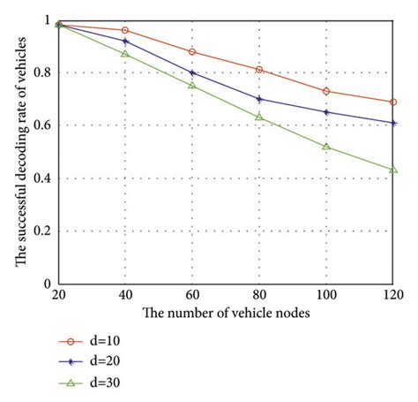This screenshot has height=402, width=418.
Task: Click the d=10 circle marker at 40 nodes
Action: click(x=125, y=30)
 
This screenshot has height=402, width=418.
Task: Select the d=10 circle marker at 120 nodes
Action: click(x=393, y=102)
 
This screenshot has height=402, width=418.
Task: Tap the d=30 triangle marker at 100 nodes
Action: click(x=326, y=147)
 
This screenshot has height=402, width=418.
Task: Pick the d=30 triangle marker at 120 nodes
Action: click(x=393, y=170)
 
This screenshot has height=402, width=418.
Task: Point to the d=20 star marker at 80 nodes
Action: click(x=259, y=99)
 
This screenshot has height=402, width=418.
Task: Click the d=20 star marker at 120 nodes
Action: click(x=393, y=123)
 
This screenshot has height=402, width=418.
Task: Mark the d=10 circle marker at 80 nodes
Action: click(x=259, y=70)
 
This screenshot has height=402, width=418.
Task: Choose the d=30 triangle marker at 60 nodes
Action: click(x=192, y=86)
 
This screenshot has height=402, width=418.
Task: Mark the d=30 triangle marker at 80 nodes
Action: click(x=259, y=118)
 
